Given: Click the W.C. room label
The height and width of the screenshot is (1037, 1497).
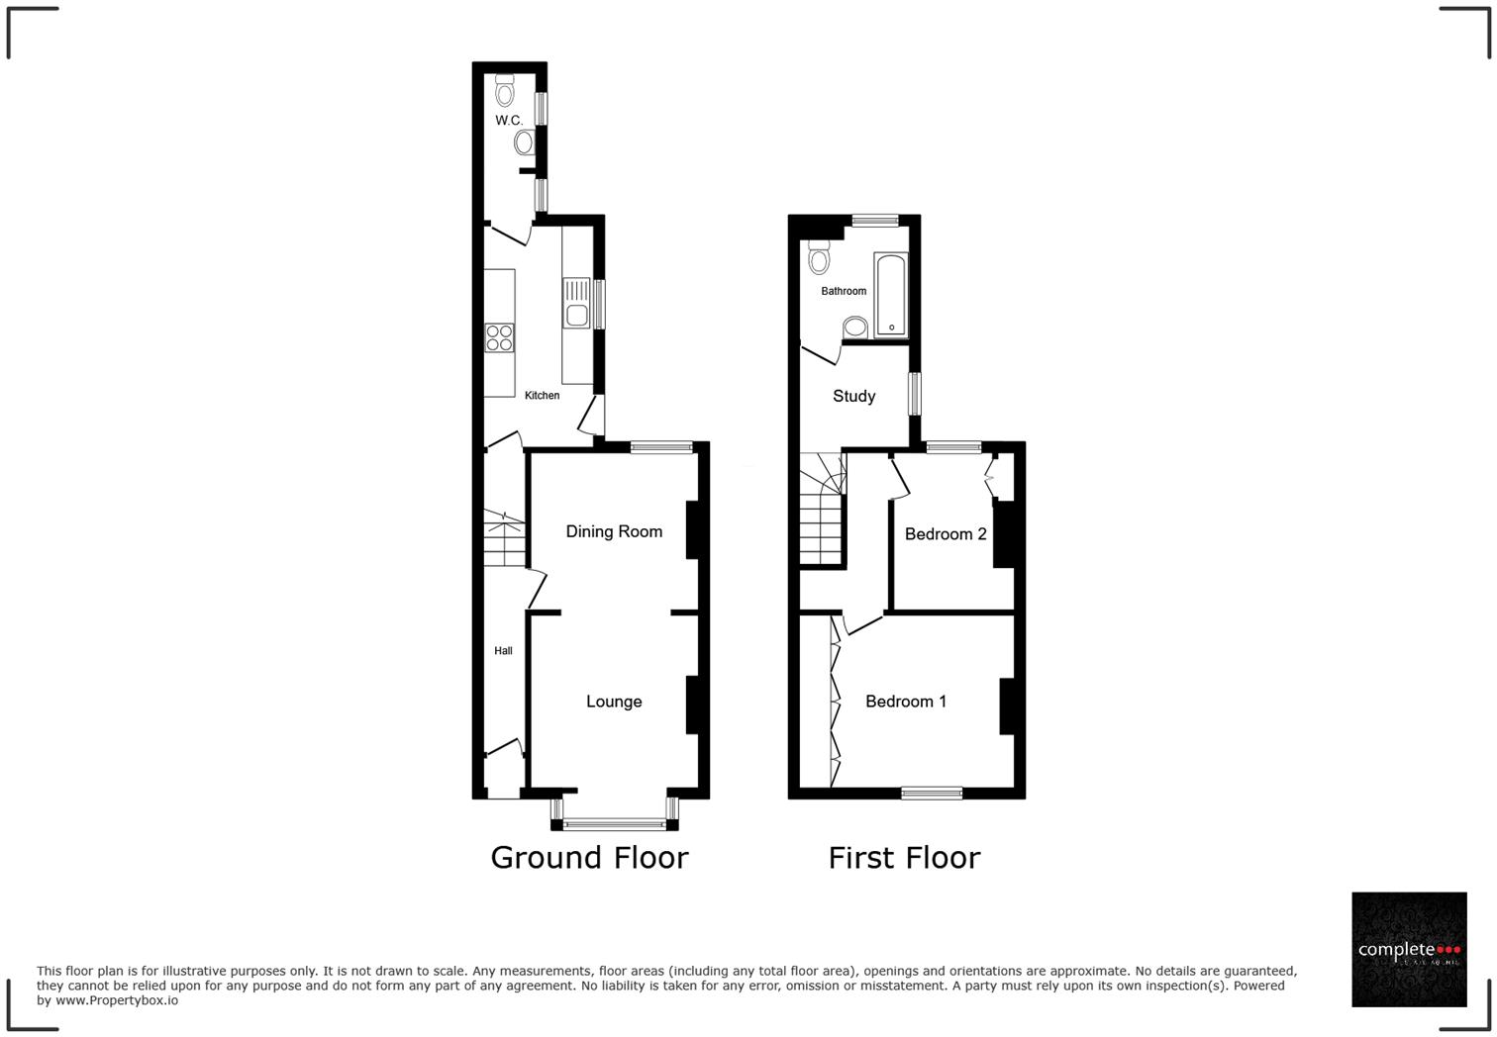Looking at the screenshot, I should (509, 121).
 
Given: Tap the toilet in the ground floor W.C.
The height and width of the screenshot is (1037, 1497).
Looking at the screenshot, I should (506, 92).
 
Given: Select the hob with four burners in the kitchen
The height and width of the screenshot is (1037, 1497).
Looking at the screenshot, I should (499, 337).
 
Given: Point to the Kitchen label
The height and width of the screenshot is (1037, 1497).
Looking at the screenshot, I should (542, 396).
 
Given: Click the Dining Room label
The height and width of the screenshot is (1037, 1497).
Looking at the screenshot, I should (614, 532).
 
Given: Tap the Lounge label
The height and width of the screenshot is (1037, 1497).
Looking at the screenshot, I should (614, 702).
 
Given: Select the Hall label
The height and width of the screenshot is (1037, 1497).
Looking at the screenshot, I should (503, 651).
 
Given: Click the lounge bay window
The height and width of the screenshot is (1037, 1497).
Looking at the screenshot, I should (615, 821).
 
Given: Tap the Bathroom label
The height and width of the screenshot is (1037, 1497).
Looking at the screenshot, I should (844, 292).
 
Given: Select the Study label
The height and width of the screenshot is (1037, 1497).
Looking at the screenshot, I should (853, 397).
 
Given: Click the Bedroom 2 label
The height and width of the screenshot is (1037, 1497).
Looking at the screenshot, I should (946, 534).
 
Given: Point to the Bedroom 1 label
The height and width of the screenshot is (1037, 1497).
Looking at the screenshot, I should (906, 702).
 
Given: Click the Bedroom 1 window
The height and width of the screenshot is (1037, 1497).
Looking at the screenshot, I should (932, 792).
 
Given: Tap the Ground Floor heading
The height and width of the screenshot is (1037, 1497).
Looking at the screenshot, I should (589, 858).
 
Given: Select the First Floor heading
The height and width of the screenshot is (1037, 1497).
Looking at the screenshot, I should (904, 858).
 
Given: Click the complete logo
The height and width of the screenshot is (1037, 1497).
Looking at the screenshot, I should (1409, 950).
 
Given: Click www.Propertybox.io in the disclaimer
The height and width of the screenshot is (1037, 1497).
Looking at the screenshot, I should (117, 1000).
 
